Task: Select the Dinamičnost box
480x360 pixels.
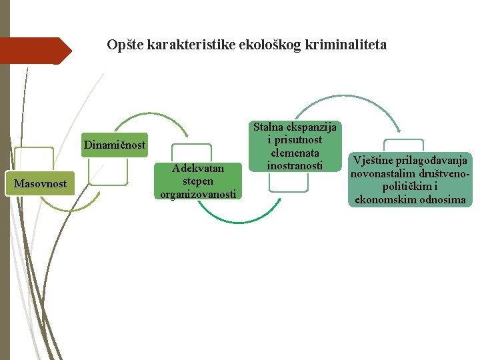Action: [115, 145]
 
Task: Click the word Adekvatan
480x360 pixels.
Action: [198, 168]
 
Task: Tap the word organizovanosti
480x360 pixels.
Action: [198, 194]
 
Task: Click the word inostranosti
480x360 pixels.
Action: [295, 165]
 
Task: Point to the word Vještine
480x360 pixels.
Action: [373, 160]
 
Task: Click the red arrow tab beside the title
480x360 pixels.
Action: [33, 51]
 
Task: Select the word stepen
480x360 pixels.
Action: [198, 181]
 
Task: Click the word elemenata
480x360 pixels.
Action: [295, 152]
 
